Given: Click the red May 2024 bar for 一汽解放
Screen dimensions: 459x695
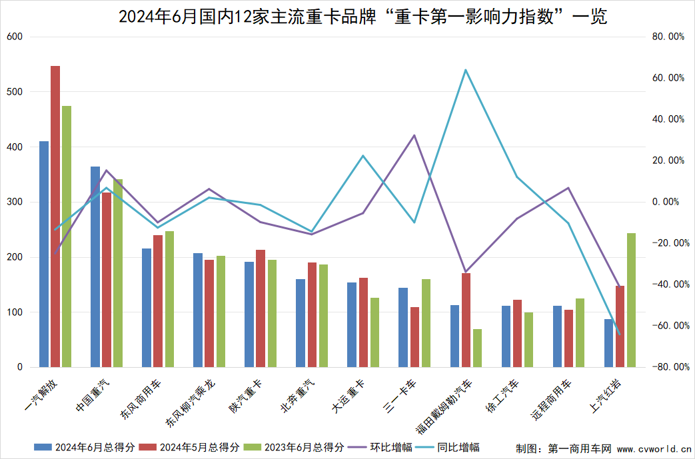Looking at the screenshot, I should [55, 217].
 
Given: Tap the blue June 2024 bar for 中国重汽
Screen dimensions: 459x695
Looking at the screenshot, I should [95, 266].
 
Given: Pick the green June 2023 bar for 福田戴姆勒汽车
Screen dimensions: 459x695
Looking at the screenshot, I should [477, 348].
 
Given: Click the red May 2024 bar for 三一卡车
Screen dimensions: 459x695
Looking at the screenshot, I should [414, 337].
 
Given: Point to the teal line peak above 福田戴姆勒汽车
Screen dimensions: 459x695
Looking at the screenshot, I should [466, 70].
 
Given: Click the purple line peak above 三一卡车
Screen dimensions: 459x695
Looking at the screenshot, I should [414, 135].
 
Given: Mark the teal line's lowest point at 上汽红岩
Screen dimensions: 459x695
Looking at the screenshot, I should [620, 334].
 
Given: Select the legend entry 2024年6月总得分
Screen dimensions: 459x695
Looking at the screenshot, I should [87, 447].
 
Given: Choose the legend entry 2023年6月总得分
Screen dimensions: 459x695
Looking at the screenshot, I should [295, 447].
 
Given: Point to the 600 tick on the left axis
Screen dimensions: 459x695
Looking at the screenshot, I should [15, 37].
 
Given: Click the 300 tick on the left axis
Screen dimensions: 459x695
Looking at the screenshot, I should [15, 202].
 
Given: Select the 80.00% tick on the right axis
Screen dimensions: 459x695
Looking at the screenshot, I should [668, 37].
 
